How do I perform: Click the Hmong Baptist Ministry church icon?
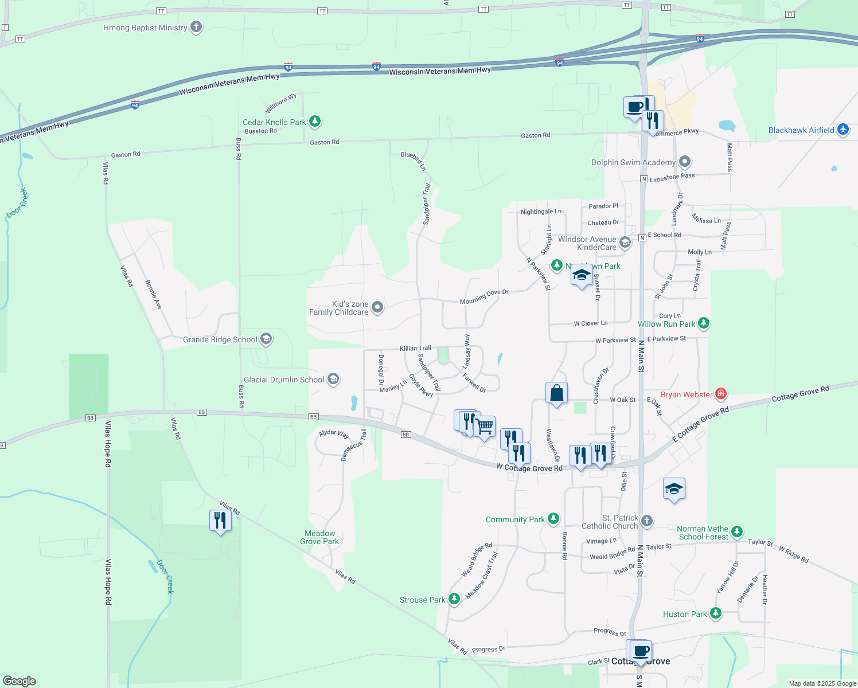[x=196, y=27]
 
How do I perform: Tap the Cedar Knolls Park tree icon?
[x=314, y=122]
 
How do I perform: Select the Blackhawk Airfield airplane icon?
[x=843, y=130]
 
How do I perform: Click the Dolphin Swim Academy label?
[x=633, y=162]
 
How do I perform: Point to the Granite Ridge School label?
[x=220, y=339]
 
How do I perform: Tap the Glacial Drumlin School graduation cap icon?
[x=333, y=379]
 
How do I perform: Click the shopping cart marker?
[x=485, y=427]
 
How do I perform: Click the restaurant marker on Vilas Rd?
[x=221, y=521]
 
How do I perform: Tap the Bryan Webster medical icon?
[x=721, y=394]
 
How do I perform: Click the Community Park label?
[x=515, y=519]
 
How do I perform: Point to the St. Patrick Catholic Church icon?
[x=647, y=521]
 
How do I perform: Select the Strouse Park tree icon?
[x=454, y=599]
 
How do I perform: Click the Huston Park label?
[x=685, y=614]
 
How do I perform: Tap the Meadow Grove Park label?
[x=319, y=537]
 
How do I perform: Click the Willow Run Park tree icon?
[x=704, y=323]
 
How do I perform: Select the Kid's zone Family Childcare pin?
[x=377, y=307]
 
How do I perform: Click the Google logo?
[x=19, y=681]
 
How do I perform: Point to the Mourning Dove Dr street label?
[x=484, y=296]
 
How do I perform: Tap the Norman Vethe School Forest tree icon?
[x=737, y=532]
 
